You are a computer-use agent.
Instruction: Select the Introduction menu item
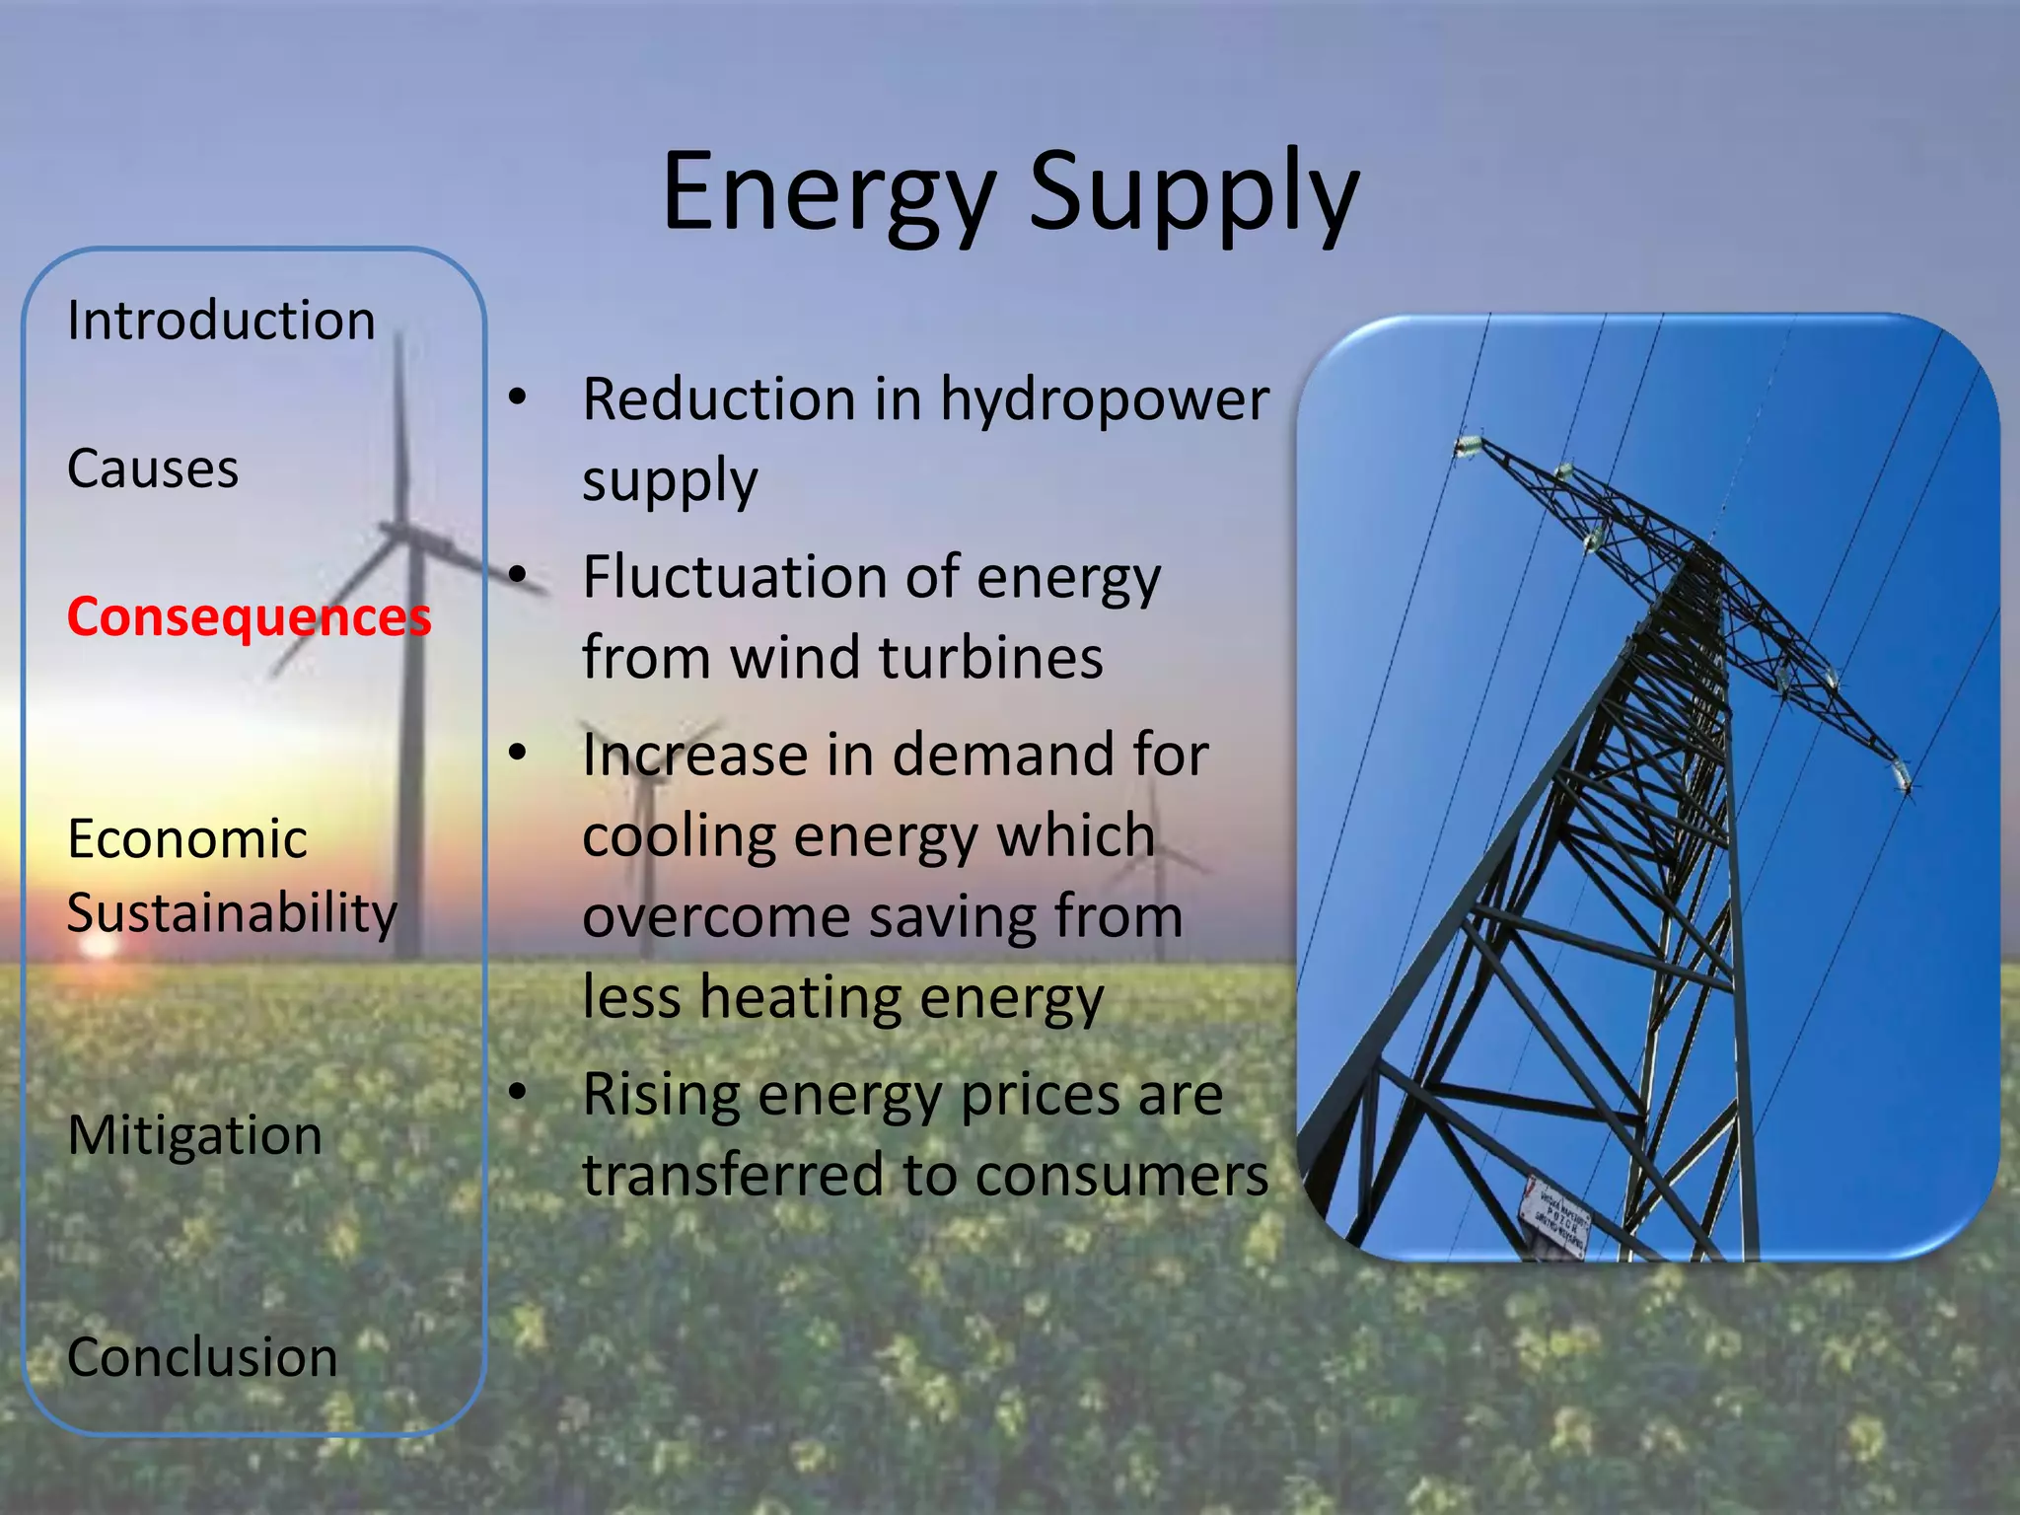(x=221, y=321)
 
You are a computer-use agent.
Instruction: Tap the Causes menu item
(x=153, y=469)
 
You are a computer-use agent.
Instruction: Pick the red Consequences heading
(x=249, y=617)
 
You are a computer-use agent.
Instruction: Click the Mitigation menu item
(x=194, y=1135)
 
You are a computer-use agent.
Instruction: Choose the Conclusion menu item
(x=202, y=1357)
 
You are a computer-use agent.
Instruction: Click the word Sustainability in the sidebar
(x=232, y=913)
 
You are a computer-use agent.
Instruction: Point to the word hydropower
(x=1104, y=401)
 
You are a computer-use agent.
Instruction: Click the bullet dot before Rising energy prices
(x=518, y=1092)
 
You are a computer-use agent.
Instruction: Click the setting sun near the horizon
(x=99, y=944)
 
